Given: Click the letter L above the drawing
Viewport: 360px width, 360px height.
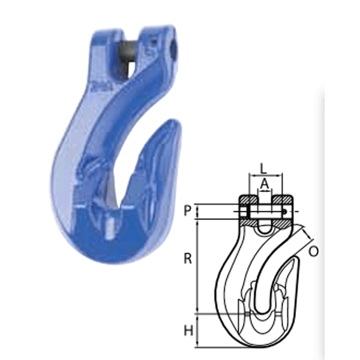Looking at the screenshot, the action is pos(263,168).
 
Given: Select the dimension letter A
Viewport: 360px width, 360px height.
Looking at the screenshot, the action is pos(264,183).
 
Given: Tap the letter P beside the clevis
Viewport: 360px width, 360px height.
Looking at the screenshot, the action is pos(188,211).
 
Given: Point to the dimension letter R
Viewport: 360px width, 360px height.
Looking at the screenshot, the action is pos(188,258).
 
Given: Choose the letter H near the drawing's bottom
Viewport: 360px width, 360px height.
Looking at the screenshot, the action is pos(188,331).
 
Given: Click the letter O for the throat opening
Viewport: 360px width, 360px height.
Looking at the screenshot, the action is pos(314,252).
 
